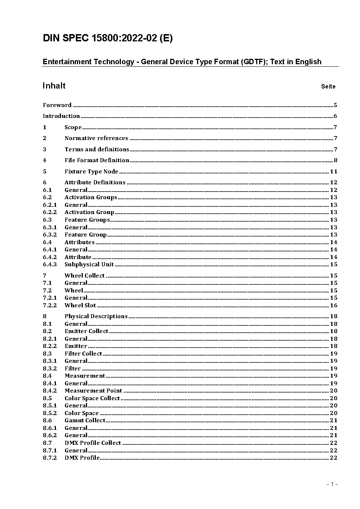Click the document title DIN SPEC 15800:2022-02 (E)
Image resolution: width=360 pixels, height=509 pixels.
click(x=107, y=38)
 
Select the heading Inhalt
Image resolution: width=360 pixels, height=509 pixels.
click(x=54, y=86)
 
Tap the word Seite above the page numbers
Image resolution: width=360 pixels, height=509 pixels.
click(x=328, y=86)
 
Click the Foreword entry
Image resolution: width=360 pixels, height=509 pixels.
click(x=57, y=105)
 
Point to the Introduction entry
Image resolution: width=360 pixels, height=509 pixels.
click(x=61, y=116)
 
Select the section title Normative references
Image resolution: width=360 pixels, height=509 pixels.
click(x=96, y=138)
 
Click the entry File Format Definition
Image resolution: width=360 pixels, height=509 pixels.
click(x=97, y=160)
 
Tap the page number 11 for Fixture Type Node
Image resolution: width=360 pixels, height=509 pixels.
click(x=334, y=172)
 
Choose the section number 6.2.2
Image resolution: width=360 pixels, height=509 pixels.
click(x=50, y=212)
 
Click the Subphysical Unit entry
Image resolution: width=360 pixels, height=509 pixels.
click(x=89, y=264)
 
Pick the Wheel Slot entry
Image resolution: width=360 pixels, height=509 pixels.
click(x=80, y=305)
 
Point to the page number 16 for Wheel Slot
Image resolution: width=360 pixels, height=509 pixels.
click(x=334, y=305)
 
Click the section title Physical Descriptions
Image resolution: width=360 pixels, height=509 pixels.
click(x=96, y=316)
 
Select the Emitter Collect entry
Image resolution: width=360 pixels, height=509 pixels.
click(x=86, y=331)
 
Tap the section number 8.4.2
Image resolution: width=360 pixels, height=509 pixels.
click(x=50, y=391)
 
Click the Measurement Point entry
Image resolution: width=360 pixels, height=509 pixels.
click(x=93, y=391)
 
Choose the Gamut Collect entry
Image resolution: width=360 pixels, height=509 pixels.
click(x=85, y=420)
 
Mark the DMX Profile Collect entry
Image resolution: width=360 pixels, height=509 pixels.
click(x=93, y=443)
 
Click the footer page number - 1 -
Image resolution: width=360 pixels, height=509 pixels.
click(x=332, y=484)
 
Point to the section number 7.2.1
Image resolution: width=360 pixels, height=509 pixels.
click(x=50, y=298)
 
